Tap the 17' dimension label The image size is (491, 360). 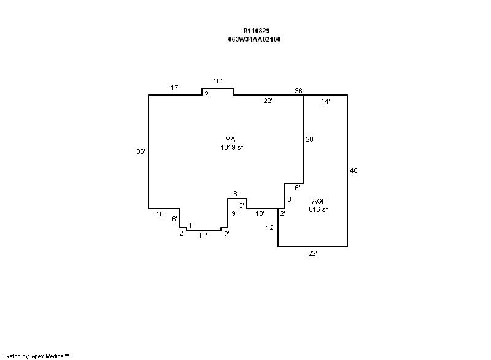(175, 88)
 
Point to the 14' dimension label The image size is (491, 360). (326, 102)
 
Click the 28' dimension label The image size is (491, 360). (311, 139)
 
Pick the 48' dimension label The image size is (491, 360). (354, 171)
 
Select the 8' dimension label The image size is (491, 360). (290, 199)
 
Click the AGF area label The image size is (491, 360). (319, 201)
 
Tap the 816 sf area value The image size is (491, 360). (319, 209)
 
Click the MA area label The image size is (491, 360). (231, 139)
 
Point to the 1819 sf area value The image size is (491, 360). (232, 147)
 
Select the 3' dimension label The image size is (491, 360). (242, 205)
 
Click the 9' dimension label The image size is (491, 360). (234, 213)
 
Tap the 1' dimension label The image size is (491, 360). (191, 225)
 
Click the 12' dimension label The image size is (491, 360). (270, 228)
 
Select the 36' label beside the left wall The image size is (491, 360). (141, 151)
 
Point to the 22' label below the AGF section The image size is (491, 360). (312, 253)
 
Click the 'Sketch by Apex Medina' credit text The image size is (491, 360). (37, 356)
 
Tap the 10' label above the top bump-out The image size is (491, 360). (217, 81)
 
